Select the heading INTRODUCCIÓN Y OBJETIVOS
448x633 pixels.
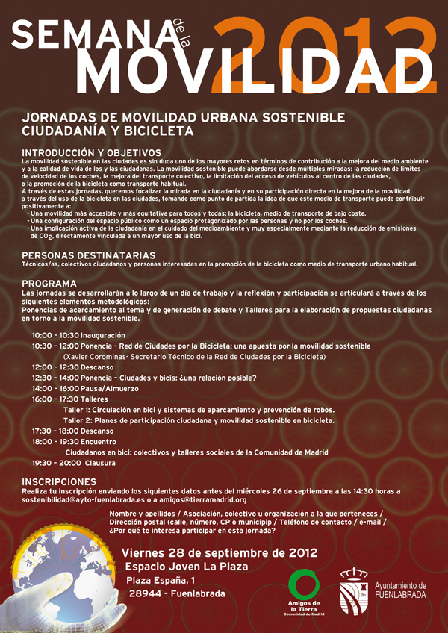pos(82,153)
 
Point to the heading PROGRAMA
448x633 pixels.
pos(49,284)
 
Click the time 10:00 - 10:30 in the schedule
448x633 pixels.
pos(55,336)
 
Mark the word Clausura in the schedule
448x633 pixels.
pos(100,463)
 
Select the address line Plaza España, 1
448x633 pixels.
pos(161,580)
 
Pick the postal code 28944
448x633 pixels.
pos(144,594)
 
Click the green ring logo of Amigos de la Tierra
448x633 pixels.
pos(304,583)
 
